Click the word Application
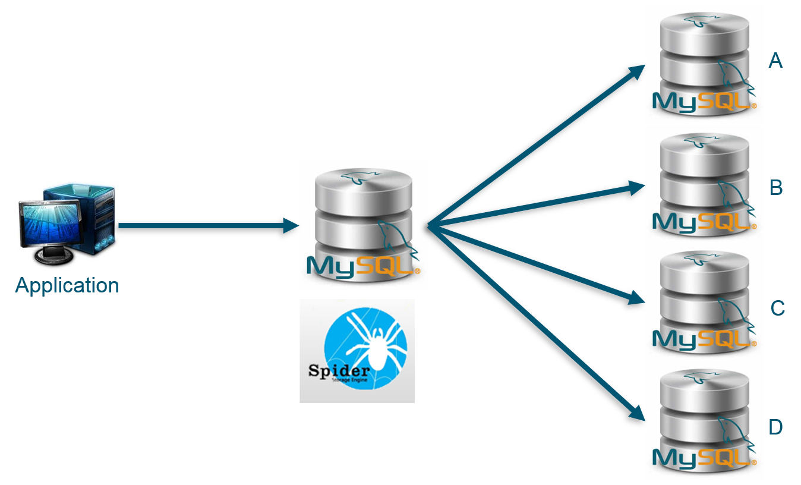(67, 285)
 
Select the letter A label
(775, 61)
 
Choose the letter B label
(776, 188)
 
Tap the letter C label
(777, 308)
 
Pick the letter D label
(776, 427)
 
